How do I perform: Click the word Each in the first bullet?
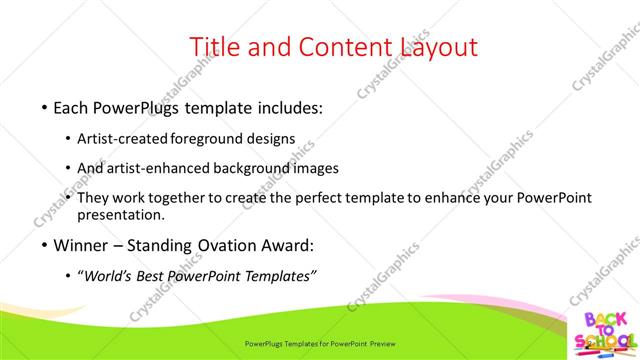click(x=73, y=107)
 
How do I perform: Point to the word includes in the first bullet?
click(x=286, y=107)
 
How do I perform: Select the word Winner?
click(x=83, y=246)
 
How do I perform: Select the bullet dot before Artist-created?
click(x=68, y=138)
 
